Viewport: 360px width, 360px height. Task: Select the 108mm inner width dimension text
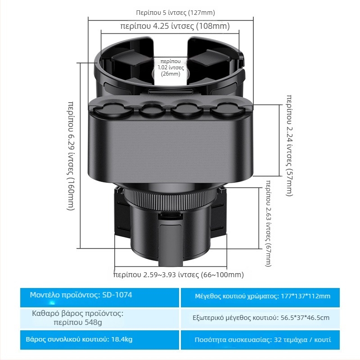[x=175, y=26]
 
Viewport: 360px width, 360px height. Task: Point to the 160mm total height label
[x=71, y=155]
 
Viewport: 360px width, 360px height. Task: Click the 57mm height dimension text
[x=289, y=145]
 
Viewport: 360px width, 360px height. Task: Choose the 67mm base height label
[x=269, y=223]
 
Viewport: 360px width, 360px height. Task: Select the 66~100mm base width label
[x=178, y=275]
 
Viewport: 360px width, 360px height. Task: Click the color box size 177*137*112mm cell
[x=262, y=296]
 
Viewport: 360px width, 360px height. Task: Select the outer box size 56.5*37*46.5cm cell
[x=262, y=318]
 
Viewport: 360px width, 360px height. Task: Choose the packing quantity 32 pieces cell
[x=262, y=340]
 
